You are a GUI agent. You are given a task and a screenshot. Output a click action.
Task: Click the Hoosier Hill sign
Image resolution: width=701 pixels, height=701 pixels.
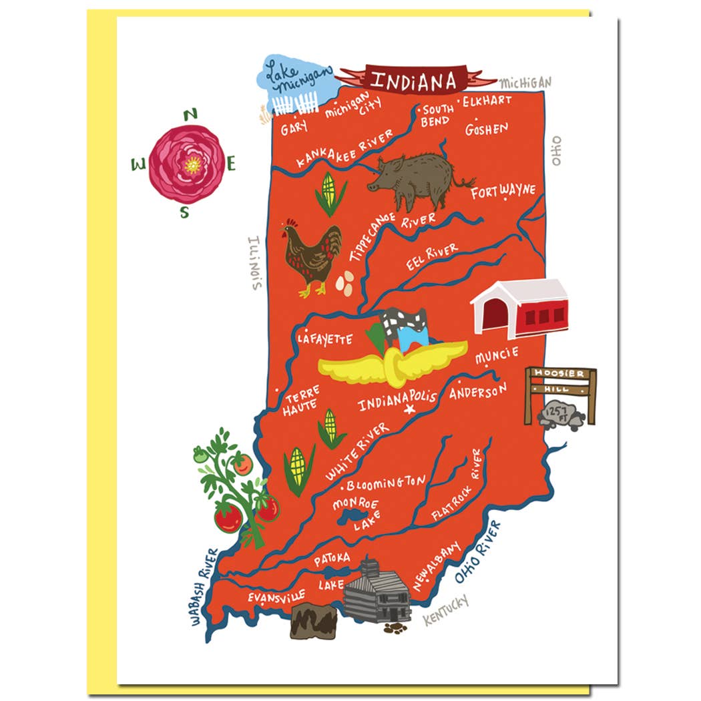coord(559,381)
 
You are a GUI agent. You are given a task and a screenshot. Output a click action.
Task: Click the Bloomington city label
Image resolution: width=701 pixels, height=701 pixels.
coord(386,482)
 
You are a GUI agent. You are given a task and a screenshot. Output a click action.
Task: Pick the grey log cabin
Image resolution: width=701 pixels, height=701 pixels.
coord(377,593)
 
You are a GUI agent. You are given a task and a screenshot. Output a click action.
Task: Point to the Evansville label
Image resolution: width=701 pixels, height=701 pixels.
coord(276,596)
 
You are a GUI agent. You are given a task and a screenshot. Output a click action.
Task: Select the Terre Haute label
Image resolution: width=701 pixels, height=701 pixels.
coord(300,401)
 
